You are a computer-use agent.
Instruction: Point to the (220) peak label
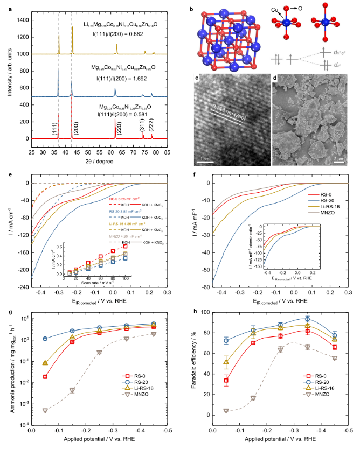pos(119,129)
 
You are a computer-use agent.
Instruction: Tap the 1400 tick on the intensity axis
pos(24,20)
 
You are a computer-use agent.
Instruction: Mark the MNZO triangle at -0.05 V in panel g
pos(45,410)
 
